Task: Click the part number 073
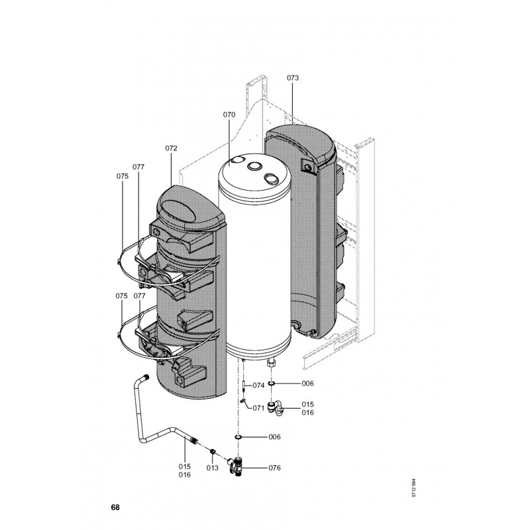[x=293, y=78]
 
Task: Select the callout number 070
[x=229, y=115]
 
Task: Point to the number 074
[x=258, y=385]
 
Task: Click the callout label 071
[x=258, y=408]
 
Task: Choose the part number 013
[x=212, y=468]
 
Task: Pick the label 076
[x=274, y=468]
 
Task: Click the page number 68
[x=115, y=508]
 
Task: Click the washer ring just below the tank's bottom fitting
[x=272, y=384]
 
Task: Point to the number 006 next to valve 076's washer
[x=274, y=437]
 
